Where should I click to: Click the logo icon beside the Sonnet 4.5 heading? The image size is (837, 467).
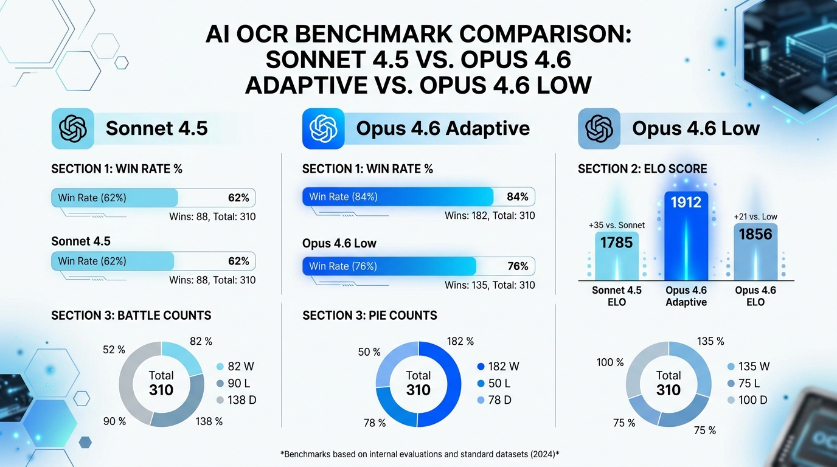pyautogui.click(x=73, y=128)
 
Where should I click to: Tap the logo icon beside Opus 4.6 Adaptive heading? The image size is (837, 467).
pyautogui.click(x=323, y=128)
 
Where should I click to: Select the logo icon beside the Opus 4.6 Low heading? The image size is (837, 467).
pyautogui.click(x=599, y=128)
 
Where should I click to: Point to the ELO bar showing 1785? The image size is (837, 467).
pyautogui.click(x=617, y=255)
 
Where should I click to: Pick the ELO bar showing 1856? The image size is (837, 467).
pyautogui.click(x=755, y=252)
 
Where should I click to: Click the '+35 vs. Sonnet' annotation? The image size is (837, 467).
pyautogui.click(x=617, y=225)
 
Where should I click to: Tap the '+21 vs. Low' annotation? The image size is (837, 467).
pyautogui.click(x=755, y=216)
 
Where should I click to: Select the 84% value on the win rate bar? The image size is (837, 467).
pyautogui.click(x=517, y=196)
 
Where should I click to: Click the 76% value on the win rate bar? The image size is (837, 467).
pyautogui.click(x=517, y=266)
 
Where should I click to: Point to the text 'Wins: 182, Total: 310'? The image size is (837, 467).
pyautogui.click(x=490, y=215)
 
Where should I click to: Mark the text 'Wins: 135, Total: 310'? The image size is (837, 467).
pyautogui.click(x=490, y=285)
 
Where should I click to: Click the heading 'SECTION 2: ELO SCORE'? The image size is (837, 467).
pyautogui.click(x=642, y=169)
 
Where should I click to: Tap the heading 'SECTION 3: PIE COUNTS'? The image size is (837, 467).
pyautogui.click(x=369, y=315)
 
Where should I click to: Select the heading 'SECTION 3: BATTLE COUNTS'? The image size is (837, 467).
pyautogui.click(x=131, y=315)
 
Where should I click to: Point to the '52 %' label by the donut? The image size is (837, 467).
pyautogui.click(x=113, y=350)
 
